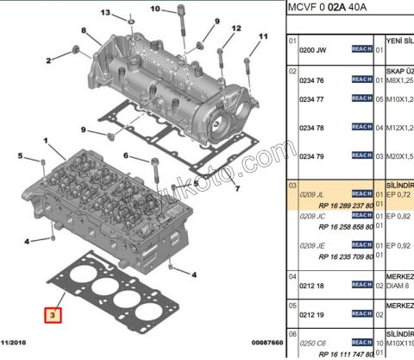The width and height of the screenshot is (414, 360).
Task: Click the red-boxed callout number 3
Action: pyautogui.click(x=53, y=315)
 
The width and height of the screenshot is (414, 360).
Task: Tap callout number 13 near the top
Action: pyautogui.click(x=105, y=13)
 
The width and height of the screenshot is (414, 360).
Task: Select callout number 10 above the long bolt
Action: pyautogui.click(x=155, y=9)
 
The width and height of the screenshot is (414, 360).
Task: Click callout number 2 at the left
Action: pyautogui.click(x=48, y=60)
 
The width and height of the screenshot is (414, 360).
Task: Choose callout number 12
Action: pyautogui.click(x=235, y=28)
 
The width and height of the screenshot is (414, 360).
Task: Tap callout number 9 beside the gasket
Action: pyautogui.click(x=84, y=130)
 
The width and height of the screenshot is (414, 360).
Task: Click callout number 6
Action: pyautogui.click(x=125, y=156)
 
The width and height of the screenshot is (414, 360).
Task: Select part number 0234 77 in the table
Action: pyautogui.click(x=311, y=99)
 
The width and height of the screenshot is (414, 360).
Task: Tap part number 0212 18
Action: pyautogui.click(x=311, y=284)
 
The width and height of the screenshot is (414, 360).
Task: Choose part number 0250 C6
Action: pyautogui.click(x=312, y=343)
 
